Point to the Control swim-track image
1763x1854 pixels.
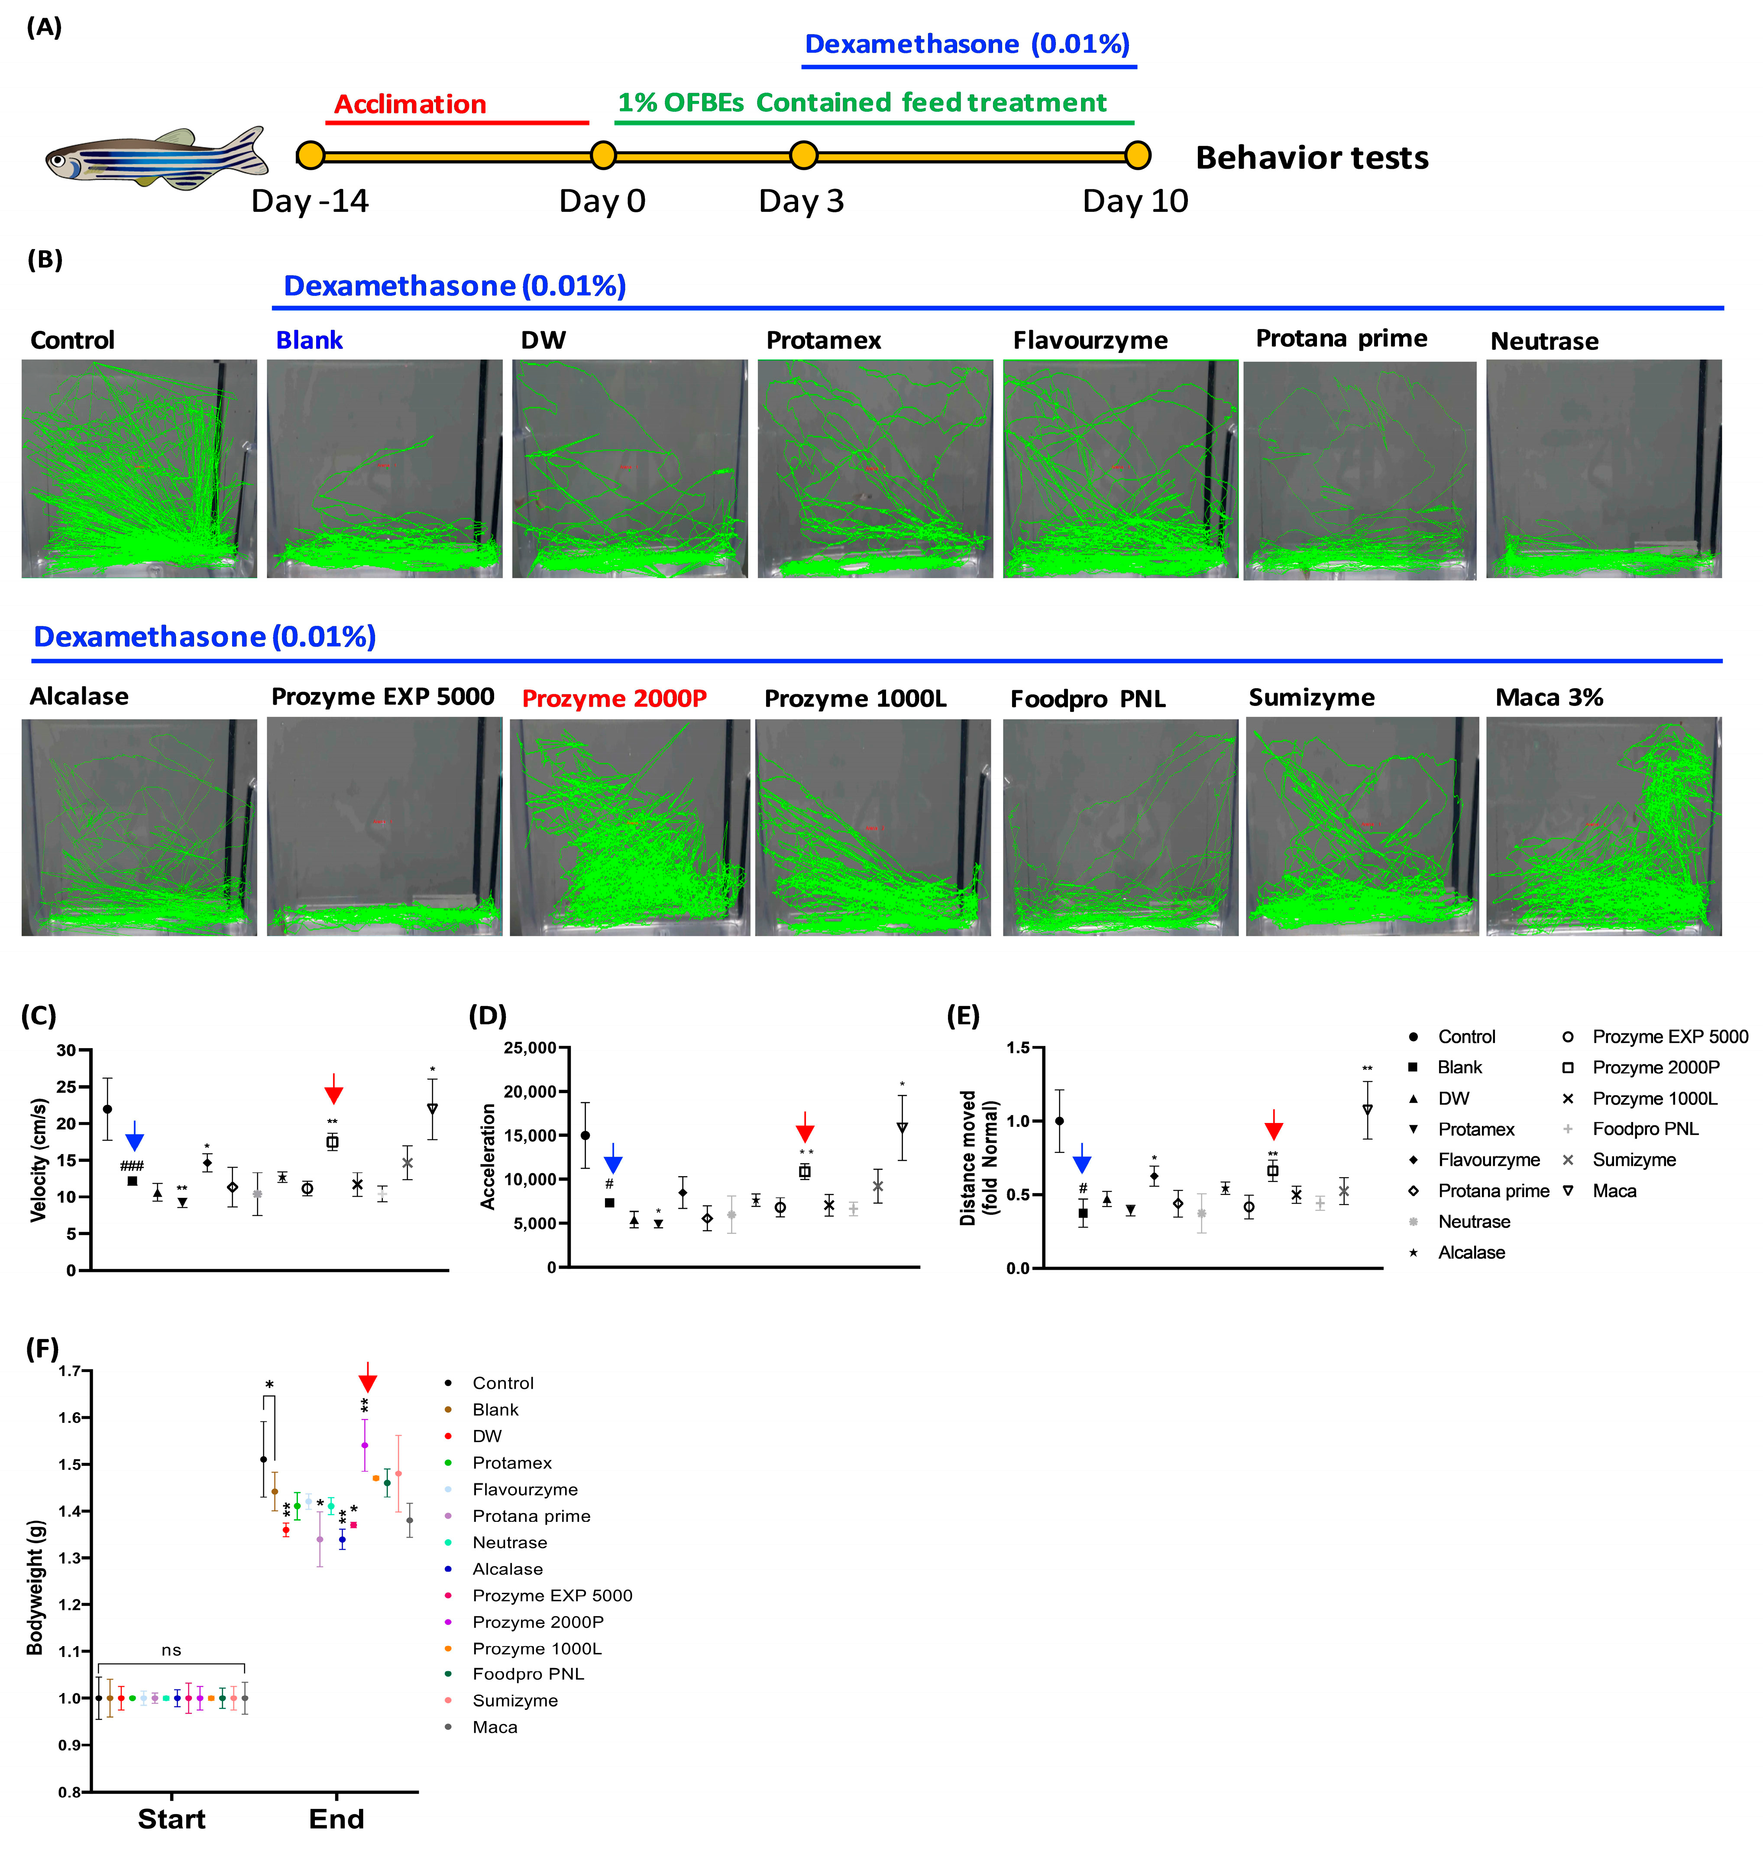click(139, 468)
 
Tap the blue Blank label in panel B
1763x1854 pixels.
click(309, 340)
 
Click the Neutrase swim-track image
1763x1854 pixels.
click(1603, 468)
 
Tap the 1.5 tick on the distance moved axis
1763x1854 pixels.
click(1019, 1048)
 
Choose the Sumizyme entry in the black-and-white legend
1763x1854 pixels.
click(1634, 1160)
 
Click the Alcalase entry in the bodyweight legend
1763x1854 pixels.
click(508, 1568)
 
